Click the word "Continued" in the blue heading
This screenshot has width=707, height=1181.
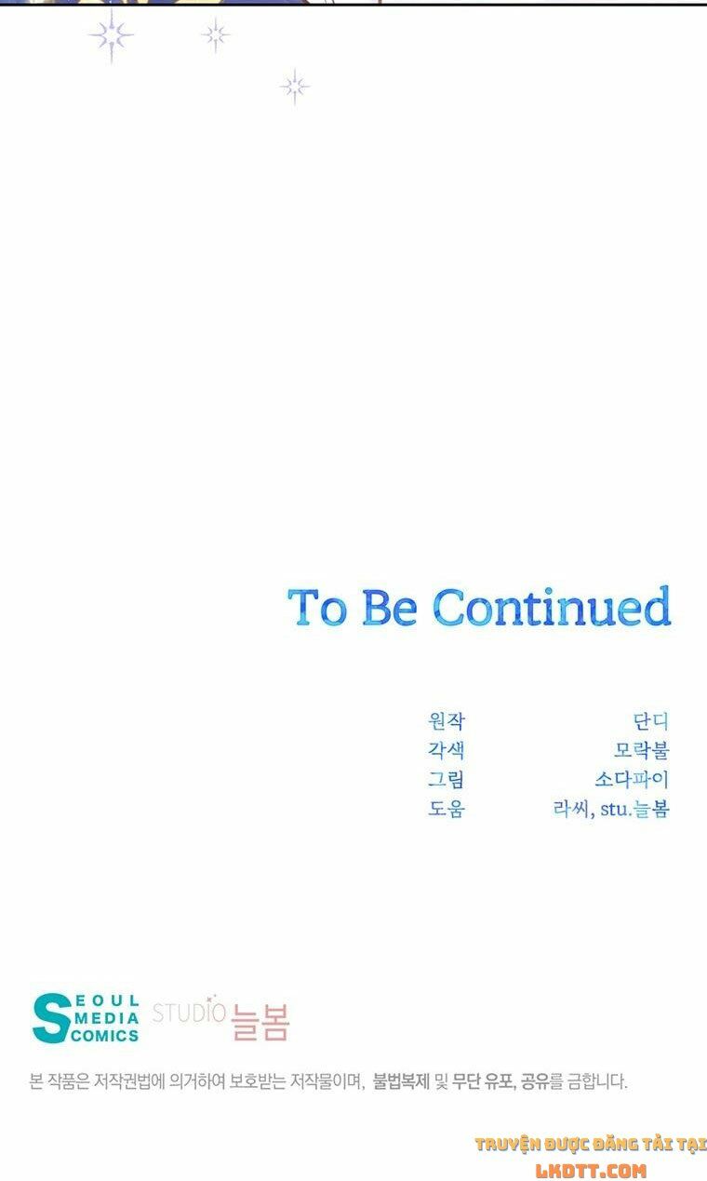tap(552, 606)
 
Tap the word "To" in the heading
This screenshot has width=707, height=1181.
tap(317, 608)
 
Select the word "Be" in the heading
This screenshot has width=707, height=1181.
tap(390, 608)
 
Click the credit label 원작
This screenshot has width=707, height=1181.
tap(447, 720)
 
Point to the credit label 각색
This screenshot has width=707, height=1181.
tap(447, 750)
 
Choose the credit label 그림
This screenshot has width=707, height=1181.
tap(447, 779)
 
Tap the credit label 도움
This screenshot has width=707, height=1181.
tap(447, 808)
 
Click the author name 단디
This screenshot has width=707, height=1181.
tap(651, 720)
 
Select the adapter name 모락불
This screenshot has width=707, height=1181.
tap(642, 750)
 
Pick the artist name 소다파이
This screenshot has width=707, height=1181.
tap(633, 779)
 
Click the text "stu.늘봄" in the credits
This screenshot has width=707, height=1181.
tap(634, 808)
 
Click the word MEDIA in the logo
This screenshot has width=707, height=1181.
tap(107, 1018)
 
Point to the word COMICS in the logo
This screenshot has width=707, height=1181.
tap(105, 1036)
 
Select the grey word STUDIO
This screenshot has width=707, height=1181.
tap(189, 1013)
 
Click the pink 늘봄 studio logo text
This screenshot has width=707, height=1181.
tap(260, 1022)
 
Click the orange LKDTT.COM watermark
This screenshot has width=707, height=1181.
tap(591, 1171)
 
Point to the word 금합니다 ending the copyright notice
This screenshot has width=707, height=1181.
tap(597, 1081)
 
